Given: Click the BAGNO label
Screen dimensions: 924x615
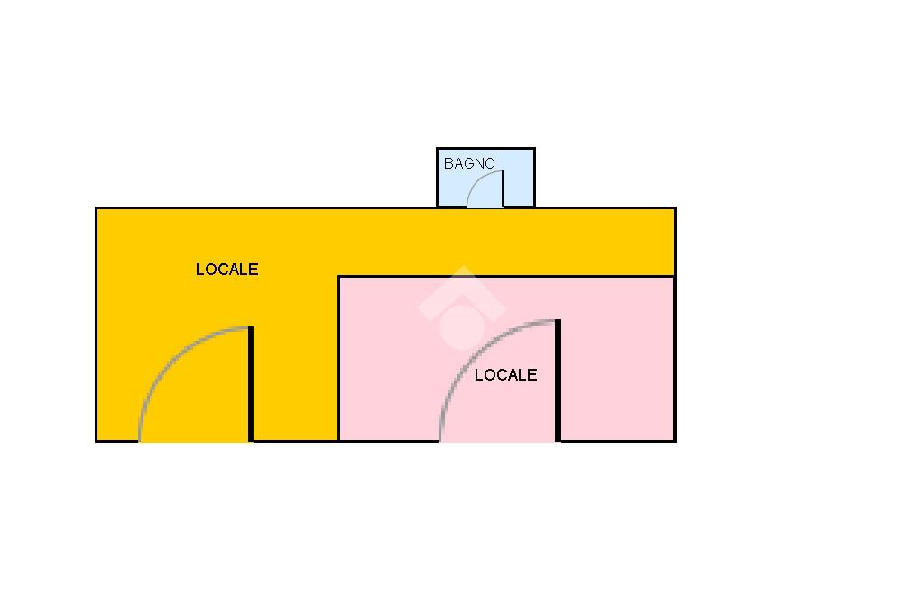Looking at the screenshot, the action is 469,164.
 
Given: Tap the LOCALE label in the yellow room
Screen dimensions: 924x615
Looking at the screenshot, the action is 226,270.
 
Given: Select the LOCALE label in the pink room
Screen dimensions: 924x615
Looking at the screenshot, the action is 505,375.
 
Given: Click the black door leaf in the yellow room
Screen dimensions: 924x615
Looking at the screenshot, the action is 251,384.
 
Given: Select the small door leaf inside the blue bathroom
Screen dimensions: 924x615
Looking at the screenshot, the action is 502,188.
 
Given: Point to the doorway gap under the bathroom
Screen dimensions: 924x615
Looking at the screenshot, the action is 485,207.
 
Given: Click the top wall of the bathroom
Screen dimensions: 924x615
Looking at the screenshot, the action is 485,149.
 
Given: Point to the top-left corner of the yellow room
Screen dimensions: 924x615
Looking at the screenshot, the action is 97,209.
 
